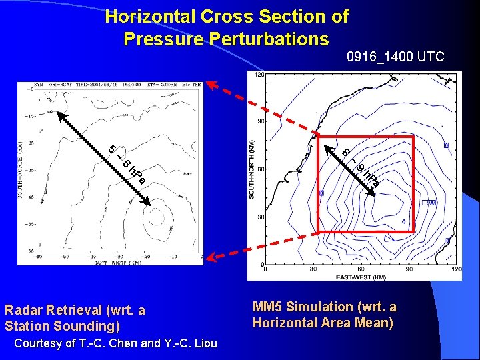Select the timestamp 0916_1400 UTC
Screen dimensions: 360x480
click(395, 57)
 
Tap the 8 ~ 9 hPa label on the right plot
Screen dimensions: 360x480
click(361, 167)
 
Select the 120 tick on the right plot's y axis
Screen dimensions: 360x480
click(260, 75)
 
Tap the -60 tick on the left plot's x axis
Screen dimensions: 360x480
click(40, 255)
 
